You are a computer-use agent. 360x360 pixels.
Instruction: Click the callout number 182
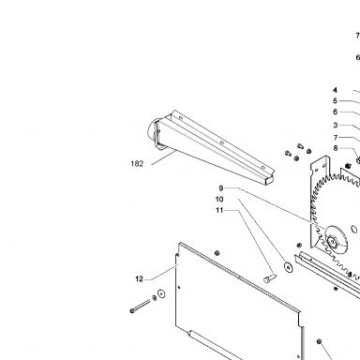point(137,163)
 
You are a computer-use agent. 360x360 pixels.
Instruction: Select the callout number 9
point(221,188)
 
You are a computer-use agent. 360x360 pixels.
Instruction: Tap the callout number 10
point(219,199)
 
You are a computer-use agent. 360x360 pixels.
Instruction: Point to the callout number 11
point(219,210)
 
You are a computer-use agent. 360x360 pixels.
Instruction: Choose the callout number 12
point(140,278)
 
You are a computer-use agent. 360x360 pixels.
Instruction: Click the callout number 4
point(335,90)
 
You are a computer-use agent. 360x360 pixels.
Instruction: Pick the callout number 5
point(335,101)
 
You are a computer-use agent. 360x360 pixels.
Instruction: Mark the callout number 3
point(336,125)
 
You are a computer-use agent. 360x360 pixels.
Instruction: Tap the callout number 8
point(336,148)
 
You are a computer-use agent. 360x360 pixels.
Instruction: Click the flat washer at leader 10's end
point(288,267)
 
